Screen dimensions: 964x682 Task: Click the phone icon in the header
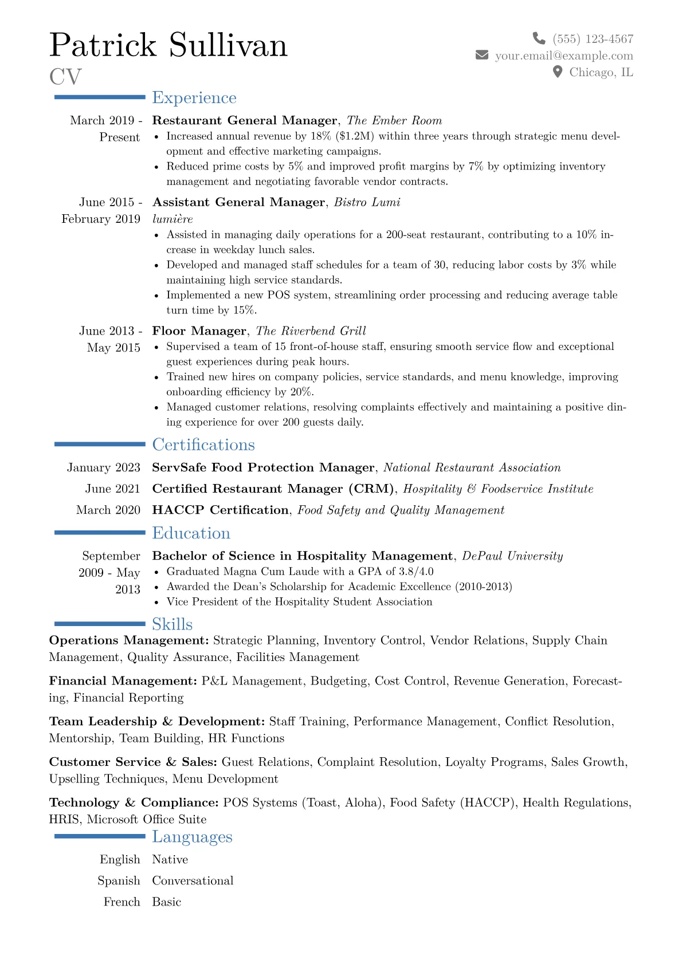(539, 38)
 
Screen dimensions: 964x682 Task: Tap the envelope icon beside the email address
(482, 55)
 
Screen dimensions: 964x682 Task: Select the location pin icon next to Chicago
(557, 72)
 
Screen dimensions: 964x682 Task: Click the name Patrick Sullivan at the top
(168, 45)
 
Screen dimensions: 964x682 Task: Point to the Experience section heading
(194, 98)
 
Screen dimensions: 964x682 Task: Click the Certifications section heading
(203, 445)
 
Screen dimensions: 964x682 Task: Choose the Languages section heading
(192, 837)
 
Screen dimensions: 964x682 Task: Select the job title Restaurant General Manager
(245, 120)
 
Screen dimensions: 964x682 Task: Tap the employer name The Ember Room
(394, 120)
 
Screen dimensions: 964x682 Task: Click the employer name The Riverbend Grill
(311, 331)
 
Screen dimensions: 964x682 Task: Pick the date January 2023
(104, 467)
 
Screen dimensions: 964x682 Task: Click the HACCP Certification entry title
(220, 510)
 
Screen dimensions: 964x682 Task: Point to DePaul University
(512, 556)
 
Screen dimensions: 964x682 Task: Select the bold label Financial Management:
(123, 681)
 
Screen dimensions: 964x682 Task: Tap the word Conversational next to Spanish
(193, 880)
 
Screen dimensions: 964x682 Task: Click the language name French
(121, 902)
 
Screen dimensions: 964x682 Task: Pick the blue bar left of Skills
(100, 624)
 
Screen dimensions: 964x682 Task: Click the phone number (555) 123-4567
(593, 39)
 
